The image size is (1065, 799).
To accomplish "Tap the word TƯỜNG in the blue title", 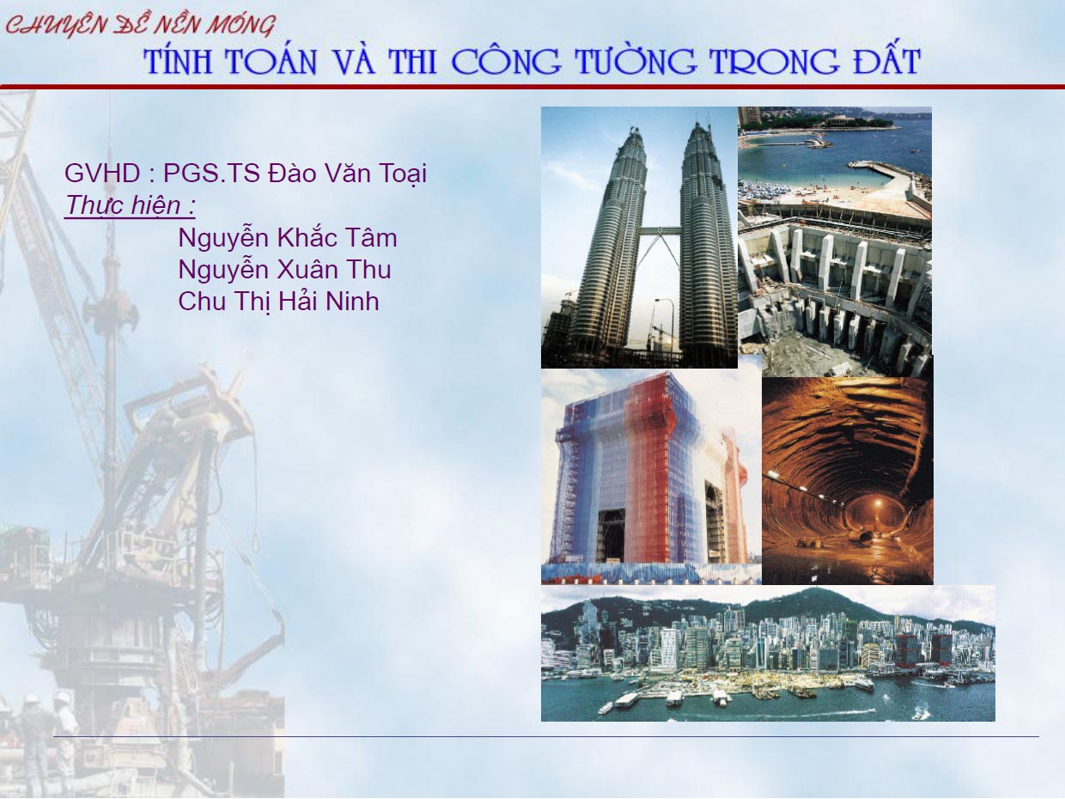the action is [x=636, y=62].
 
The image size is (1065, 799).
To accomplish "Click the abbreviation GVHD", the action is [x=102, y=174].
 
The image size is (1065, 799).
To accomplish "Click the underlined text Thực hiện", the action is [x=130, y=205].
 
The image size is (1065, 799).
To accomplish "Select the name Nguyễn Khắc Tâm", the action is [x=288, y=237].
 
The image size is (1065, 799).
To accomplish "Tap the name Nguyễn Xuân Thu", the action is [x=284, y=269].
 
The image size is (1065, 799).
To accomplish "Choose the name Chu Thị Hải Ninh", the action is [x=278, y=302].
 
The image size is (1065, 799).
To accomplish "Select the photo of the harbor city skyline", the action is [x=768, y=653].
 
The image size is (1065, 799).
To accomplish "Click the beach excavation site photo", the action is [x=835, y=241].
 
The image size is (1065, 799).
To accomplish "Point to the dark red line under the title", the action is [x=532, y=87].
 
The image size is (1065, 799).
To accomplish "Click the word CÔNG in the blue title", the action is [x=507, y=61].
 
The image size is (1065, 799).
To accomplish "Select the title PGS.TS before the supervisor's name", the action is [x=211, y=174].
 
